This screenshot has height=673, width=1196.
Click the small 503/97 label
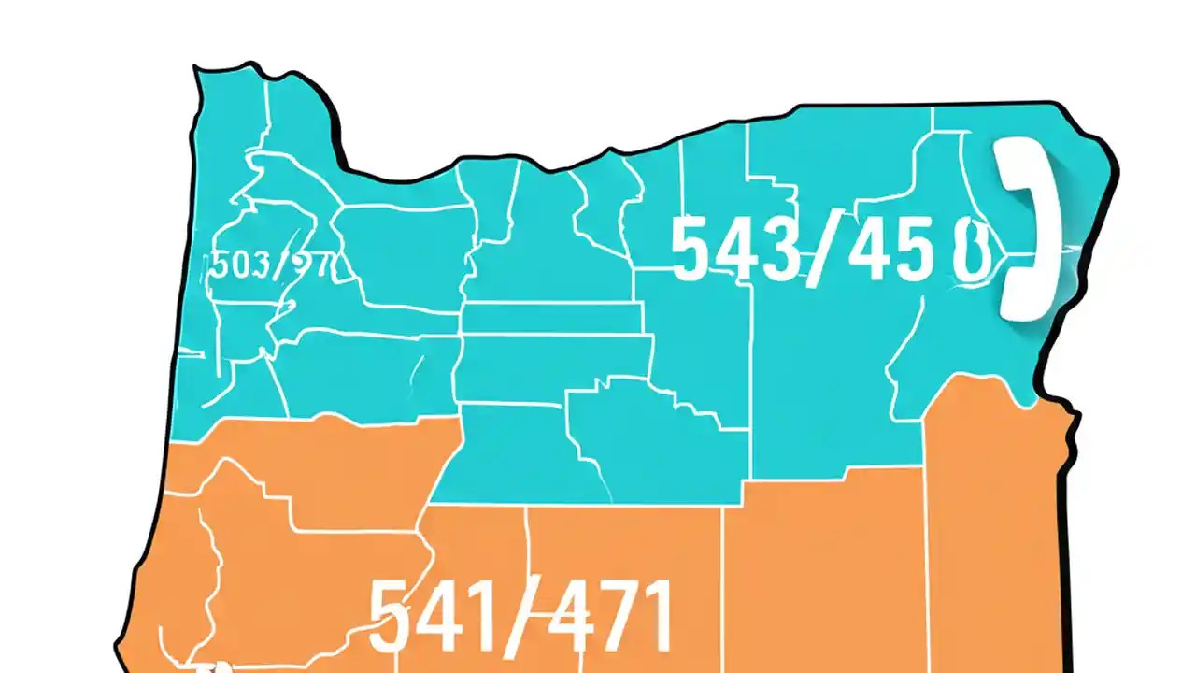[x=269, y=266]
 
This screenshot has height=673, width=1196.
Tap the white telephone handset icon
[x=1028, y=229]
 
